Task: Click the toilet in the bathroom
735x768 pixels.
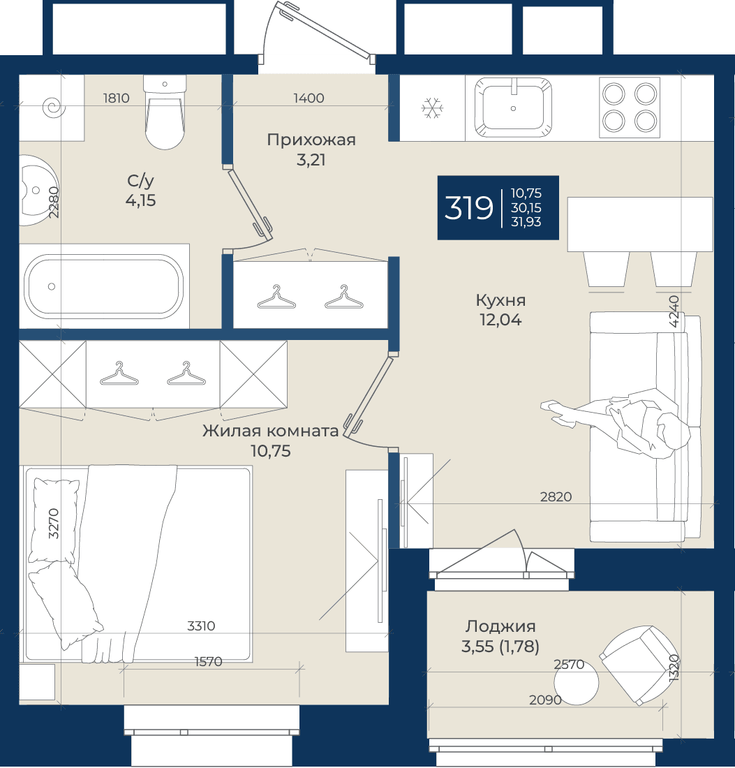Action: pos(165,112)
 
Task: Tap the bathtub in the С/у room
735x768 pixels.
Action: pos(104,286)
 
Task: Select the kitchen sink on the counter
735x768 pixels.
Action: pos(513,108)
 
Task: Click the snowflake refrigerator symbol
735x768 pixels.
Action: pos(432,108)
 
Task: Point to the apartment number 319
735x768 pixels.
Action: pos(468,207)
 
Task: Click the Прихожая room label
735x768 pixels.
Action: pos(311,140)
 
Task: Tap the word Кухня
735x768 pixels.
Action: pos(500,300)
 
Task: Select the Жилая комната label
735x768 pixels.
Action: pos(270,431)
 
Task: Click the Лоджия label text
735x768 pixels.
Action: pos(500,626)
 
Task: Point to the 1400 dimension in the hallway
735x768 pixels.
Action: pos(309,98)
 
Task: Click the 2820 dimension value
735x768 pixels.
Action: pos(556,496)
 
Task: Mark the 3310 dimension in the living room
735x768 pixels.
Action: pos(201,626)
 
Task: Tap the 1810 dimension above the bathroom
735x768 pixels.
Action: pos(116,98)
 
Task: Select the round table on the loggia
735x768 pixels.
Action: pos(577,683)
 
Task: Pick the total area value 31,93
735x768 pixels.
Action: pos(526,222)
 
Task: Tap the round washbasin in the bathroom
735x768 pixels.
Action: pos(38,190)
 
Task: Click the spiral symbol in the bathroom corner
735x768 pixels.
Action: pos(53,107)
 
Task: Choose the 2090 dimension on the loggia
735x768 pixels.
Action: pos(545,700)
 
